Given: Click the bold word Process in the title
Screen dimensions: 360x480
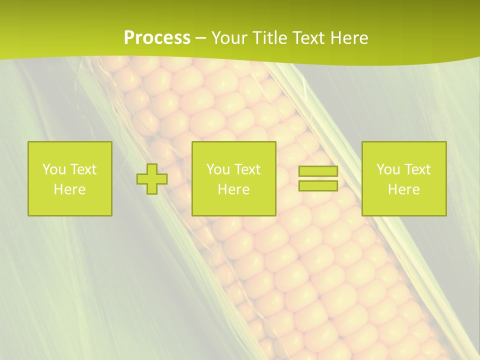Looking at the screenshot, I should [157, 38].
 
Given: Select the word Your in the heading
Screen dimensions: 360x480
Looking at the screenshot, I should [228, 38].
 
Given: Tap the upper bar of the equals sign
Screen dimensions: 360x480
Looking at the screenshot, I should [318, 171].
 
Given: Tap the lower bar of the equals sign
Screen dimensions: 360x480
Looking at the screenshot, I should [318, 186].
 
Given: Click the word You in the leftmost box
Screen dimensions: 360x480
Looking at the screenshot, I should [54, 169].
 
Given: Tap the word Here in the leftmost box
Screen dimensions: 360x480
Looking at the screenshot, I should [70, 189].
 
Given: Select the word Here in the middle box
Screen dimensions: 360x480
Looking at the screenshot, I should [233, 189].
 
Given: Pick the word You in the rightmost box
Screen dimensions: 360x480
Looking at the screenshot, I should [388, 169].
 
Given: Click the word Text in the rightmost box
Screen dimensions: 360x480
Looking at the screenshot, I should [417, 169].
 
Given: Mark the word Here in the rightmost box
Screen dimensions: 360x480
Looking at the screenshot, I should [404, 189].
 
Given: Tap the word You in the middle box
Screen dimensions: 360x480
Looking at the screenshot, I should [218, 169].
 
